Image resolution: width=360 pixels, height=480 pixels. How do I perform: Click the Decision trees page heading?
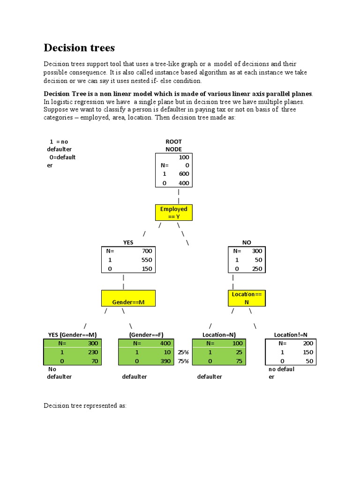79,48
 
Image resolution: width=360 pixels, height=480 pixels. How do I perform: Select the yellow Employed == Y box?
173,213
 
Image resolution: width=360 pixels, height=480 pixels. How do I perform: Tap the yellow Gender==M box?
128,302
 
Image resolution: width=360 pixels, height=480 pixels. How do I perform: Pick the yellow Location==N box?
247,298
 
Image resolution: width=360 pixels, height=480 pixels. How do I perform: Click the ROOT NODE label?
173,145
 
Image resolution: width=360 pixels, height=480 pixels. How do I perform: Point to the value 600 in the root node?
184,174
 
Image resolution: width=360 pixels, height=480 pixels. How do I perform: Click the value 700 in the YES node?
147,251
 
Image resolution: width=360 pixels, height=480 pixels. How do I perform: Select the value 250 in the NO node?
257,269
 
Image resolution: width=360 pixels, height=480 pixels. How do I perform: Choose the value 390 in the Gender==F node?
165,361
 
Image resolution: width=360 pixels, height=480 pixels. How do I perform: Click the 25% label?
183,352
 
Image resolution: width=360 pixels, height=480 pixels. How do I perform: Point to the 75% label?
183,361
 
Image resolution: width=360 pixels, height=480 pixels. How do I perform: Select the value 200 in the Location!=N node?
308,343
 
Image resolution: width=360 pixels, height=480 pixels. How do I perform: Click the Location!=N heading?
291,335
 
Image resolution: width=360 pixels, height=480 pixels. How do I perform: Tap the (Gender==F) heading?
146,335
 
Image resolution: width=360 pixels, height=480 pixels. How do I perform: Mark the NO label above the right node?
247,242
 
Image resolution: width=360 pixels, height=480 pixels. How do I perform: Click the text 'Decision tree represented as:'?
85,405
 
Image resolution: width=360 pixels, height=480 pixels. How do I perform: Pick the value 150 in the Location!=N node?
308,352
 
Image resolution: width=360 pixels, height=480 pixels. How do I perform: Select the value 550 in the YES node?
147,260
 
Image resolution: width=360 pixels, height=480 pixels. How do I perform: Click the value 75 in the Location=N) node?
238,361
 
